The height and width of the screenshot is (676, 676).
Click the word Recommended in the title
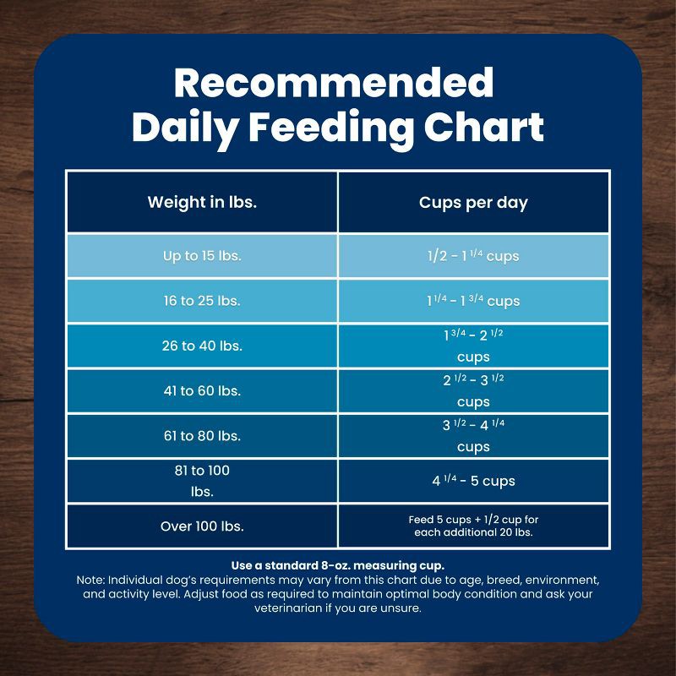(x=334, y=82)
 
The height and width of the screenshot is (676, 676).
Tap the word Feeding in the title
(x=331, y=128)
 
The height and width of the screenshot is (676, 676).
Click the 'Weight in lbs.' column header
(x=202, y=202)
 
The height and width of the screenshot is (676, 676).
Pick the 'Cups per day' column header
(x=473, y=203)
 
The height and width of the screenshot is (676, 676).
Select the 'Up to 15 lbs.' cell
(x=202, y=256)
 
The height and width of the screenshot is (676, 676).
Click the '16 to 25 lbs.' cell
(x=202, y=301)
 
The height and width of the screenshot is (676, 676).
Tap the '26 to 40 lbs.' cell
(x=202, y=346)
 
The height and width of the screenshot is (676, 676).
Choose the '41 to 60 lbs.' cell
(x=202, y=390)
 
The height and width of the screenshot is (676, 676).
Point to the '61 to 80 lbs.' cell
(x=202, y=436)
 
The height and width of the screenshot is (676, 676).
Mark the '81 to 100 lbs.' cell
(x=202, y=481)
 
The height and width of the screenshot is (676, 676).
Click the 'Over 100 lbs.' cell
(x=202, y=526)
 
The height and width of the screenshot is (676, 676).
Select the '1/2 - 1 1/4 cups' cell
(x=473, y=256)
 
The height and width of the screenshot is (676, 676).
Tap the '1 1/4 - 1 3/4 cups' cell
(x=473, y=301)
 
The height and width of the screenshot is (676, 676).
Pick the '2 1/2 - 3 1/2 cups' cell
(x=473, y=390)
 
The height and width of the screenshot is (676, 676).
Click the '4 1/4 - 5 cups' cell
(x=473, y=481)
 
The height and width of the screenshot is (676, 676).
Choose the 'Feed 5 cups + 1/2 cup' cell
(x=473, y=526)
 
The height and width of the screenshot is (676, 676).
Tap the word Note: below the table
(x=90, y=580)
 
